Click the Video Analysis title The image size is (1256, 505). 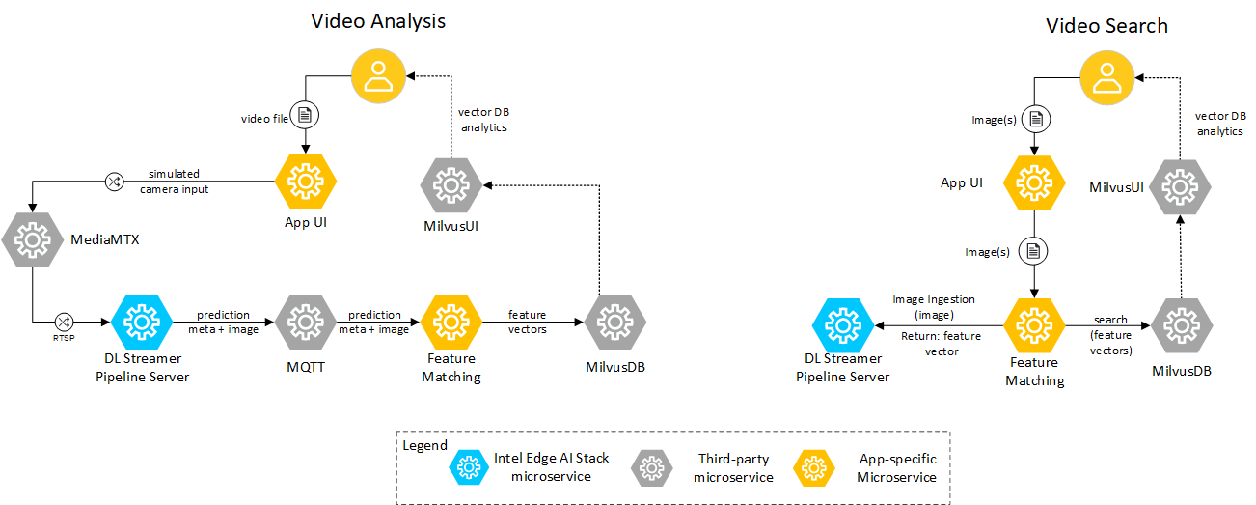[377, 21]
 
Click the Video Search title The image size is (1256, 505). [1106, 26]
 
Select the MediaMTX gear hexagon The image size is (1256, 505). [32, 238]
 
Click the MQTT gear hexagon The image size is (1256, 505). [305, 322]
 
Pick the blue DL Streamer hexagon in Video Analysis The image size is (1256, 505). [142, 322]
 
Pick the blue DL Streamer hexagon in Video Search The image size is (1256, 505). [842, 325]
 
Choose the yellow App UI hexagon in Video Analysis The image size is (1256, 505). [306, 181]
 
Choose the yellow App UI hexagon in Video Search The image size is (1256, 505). [1034, 182]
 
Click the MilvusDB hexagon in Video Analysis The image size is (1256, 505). [614, 322]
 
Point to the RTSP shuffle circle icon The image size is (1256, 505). [64, 322]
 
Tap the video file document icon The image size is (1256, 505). [306, 116]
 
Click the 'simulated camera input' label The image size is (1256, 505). [174, 182]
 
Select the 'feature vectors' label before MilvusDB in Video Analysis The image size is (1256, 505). [528, 322]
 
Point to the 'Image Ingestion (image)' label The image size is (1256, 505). [933, 307]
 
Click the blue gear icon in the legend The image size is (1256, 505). [468, 467]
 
